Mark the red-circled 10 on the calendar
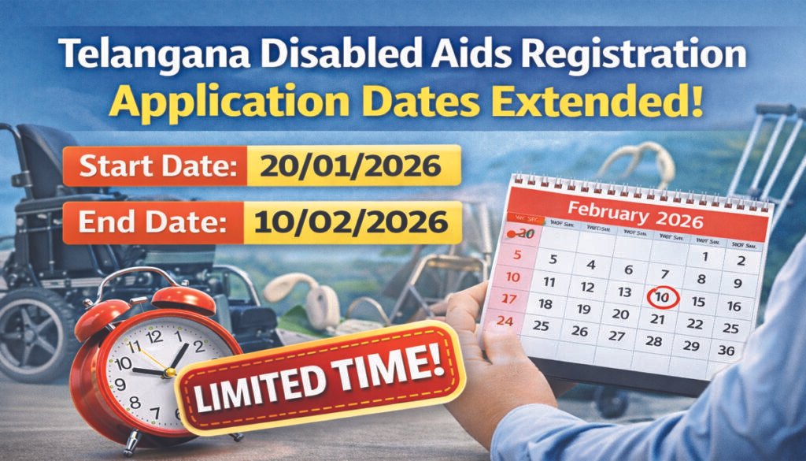(x=663, y=298)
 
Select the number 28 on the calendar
(x=653, y=341)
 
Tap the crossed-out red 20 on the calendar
(x=523, y=234)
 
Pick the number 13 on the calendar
(x=625, y=292)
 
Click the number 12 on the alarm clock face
(x=154, y=336)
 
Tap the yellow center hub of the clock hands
(x=167, y=373)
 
